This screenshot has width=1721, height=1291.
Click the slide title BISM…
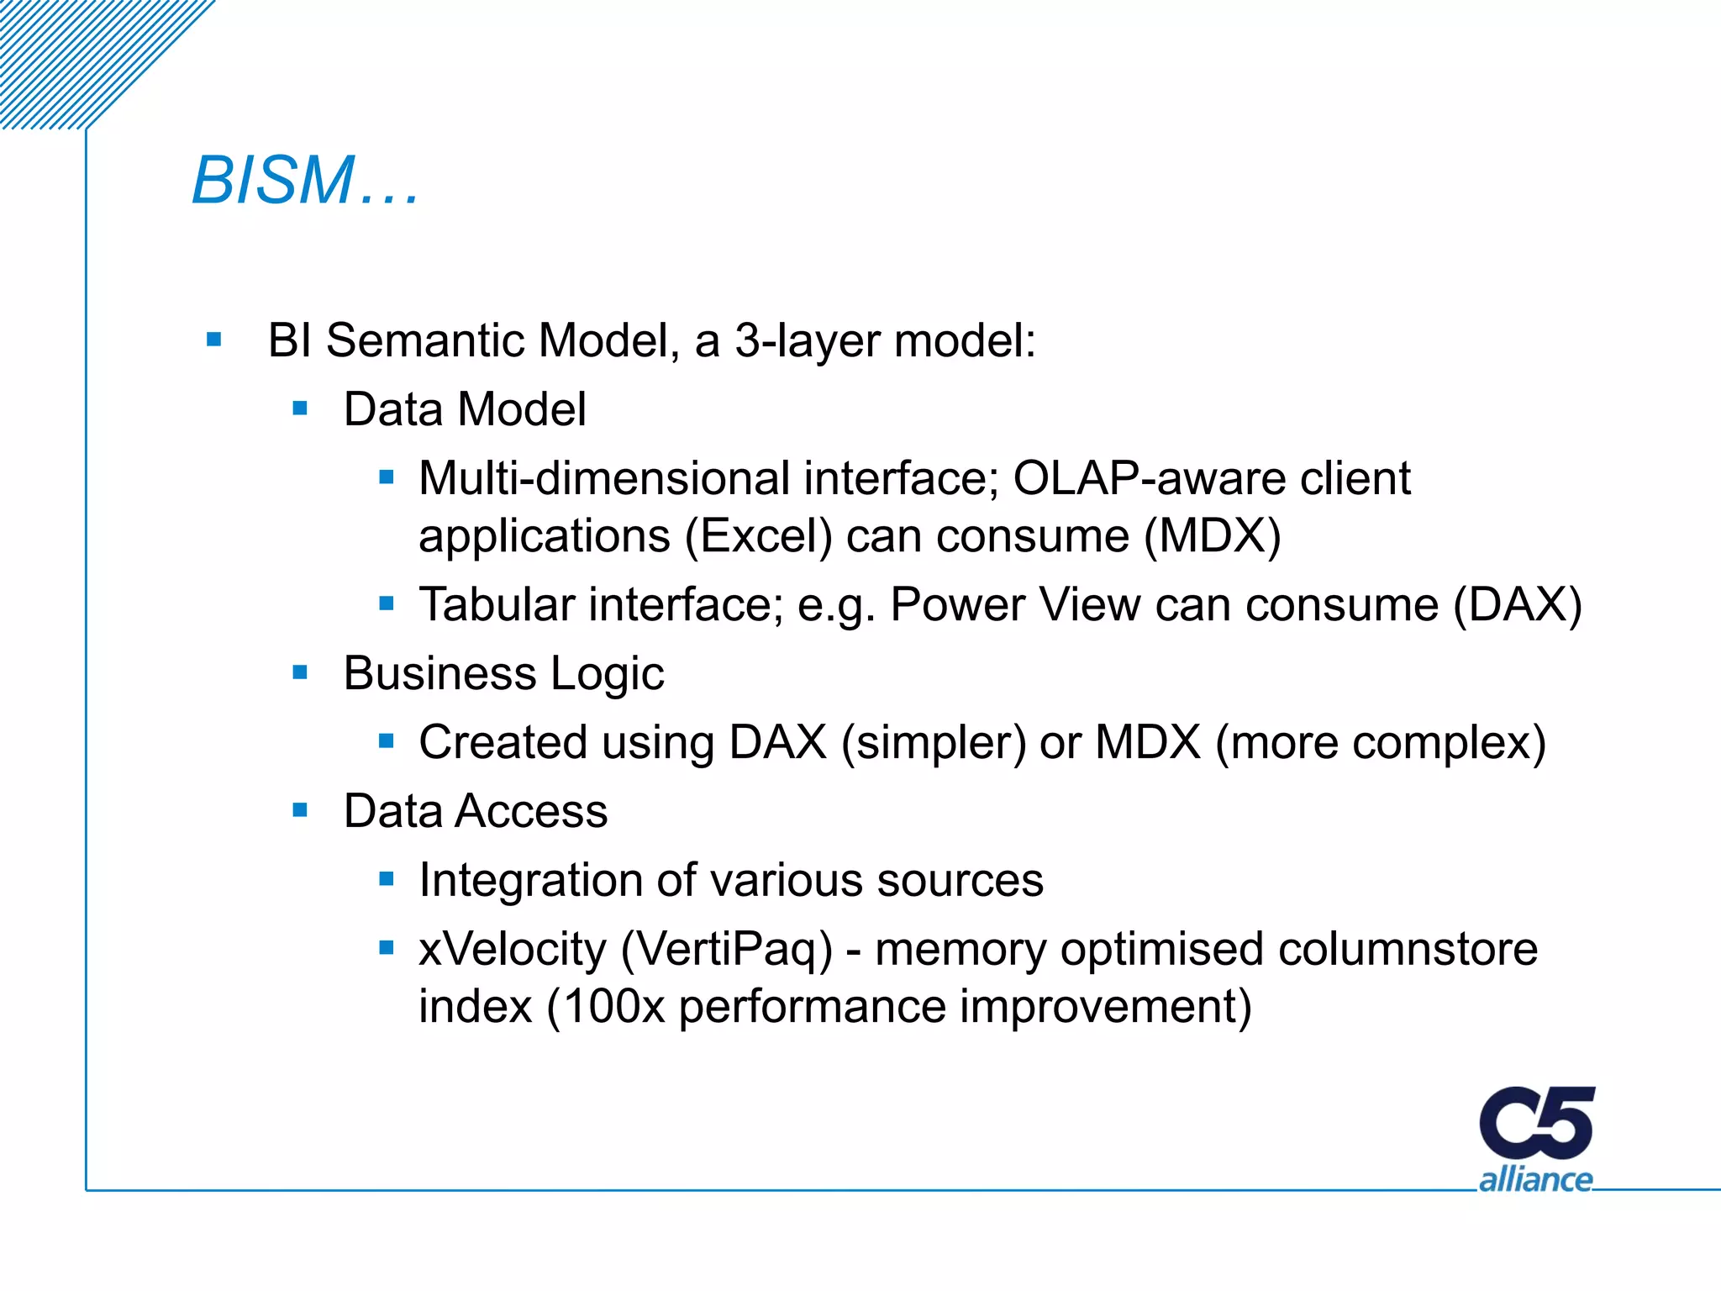click(304, 181)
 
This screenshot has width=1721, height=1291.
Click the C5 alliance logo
click(1536, 1139)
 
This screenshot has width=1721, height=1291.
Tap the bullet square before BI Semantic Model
click(213, 340)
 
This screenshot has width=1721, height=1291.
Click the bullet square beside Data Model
click(300, 409)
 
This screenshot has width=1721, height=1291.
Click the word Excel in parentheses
click(758, 536)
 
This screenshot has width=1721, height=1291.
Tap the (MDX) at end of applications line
click(1213, 536)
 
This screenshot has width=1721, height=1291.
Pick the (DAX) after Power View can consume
click(1518, 604)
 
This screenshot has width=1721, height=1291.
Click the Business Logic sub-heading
click(503, 673)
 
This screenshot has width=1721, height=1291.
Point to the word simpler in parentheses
click(934, 743)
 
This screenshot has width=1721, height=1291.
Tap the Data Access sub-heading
click(476, 811)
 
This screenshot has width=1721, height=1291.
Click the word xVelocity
click(512, 949)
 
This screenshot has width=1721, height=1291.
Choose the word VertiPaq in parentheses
click(727, 950)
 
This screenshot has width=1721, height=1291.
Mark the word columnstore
click(1408, 949)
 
